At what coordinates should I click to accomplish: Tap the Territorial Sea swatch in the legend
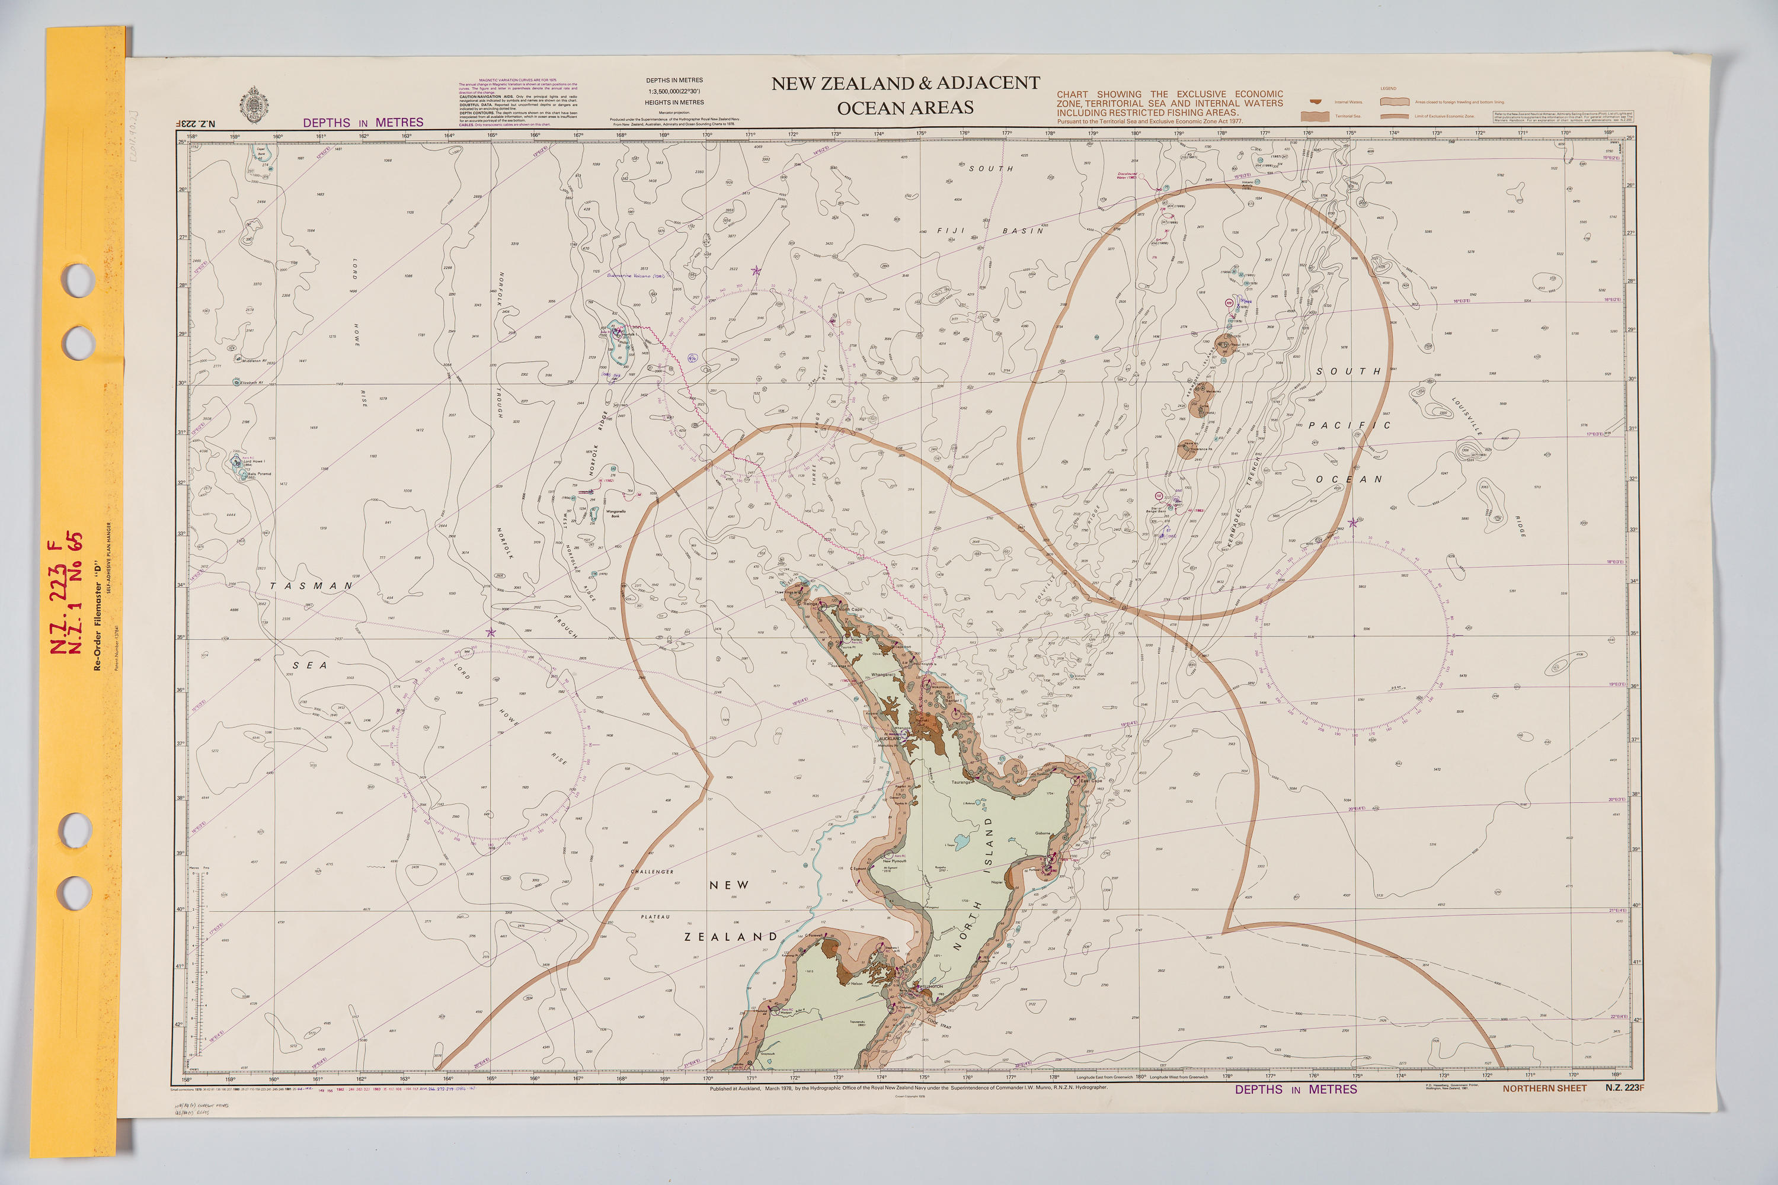[1315, 116]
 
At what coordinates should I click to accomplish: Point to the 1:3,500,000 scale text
[674, 91]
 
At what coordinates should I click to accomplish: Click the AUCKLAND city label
[889, 738]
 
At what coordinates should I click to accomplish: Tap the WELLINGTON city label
[930, 987]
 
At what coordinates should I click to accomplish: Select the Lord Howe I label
[254, 461]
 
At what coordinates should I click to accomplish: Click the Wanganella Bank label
[615, 513]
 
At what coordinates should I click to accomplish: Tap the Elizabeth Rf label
[252, 382]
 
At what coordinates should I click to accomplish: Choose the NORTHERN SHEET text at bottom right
[1544, 1088]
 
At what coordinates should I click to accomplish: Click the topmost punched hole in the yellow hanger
[78, 280]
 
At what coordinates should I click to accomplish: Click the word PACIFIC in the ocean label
[1350, 425]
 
